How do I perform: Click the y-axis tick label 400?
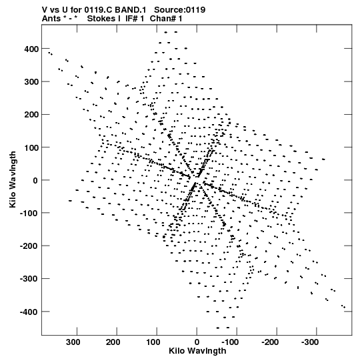[31, 49]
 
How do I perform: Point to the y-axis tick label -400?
[29, 312]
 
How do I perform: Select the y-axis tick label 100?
[31, 147]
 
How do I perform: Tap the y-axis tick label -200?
[29, 246]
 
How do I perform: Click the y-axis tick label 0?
[35, 180]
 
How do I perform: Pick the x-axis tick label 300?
[73, 342]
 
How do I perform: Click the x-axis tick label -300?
[310, 342]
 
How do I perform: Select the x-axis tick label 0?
[197, 342]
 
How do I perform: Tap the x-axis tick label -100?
[230, 342]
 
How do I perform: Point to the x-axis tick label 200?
[113, 342]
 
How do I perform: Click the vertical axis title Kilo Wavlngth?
[13, 179]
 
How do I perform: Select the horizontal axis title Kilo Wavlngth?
[197, 351]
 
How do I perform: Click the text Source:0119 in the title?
[179, 10]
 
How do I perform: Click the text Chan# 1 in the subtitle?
[166, 19]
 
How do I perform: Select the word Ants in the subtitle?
[51, 19]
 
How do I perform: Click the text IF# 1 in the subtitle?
[135, 19]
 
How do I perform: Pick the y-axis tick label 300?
[31, 81]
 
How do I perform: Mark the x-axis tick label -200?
[270, 342]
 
